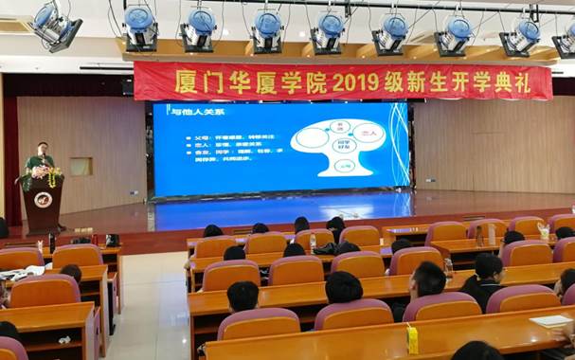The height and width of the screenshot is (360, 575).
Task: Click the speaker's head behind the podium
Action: (x=41, y=148)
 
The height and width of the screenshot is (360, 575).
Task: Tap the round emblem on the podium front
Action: (x=43, y=199)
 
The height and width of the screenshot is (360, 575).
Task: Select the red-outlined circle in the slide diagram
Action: (x=368, y=135)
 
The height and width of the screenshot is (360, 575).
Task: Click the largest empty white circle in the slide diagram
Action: (x=312, y=139)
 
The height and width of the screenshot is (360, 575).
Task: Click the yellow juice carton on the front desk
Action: (x=413, y=337)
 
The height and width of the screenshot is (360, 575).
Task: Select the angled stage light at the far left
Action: (x=56, y=26)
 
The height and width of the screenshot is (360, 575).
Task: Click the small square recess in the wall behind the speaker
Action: (x=81, y=166)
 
